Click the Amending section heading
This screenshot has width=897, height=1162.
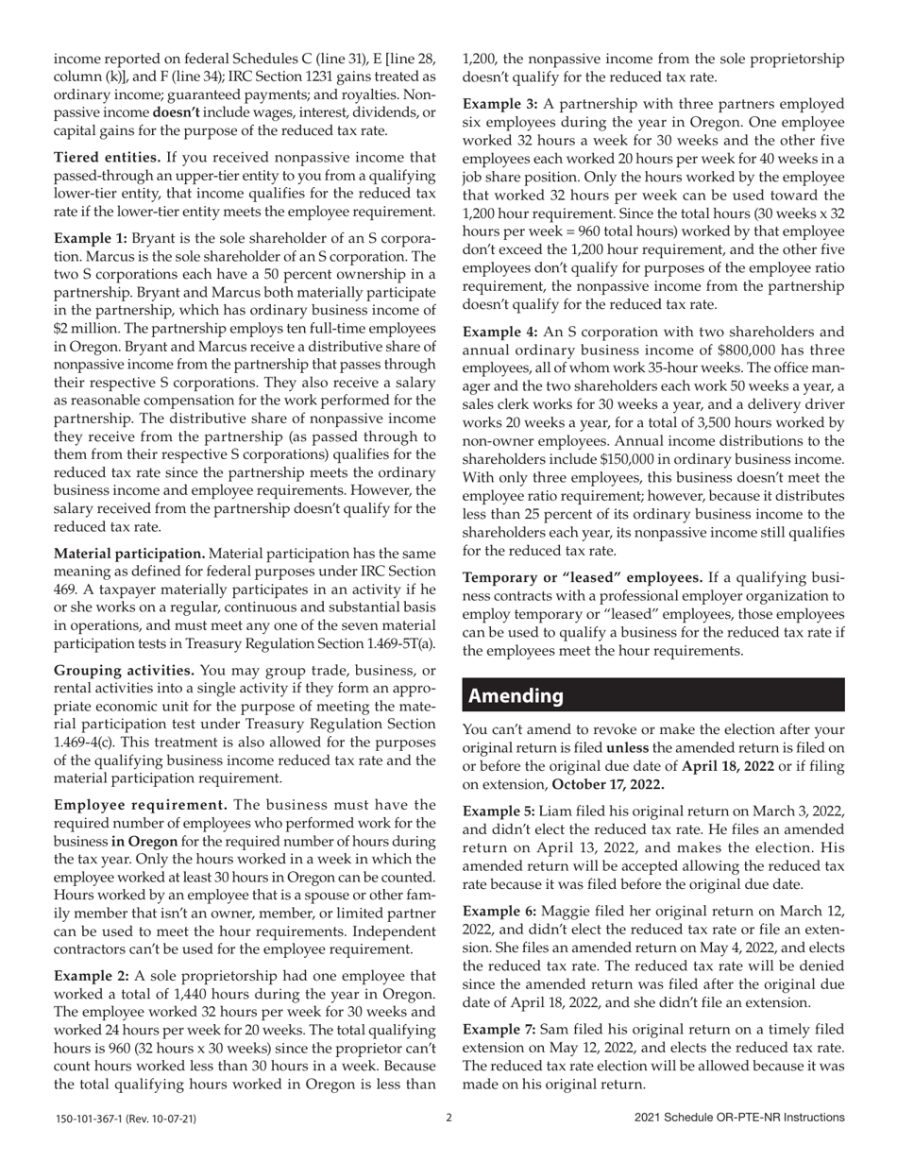(x=516, y=695)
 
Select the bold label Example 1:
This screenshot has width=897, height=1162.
(x=91, y=238)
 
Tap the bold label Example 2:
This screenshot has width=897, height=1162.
(x=92, y=975)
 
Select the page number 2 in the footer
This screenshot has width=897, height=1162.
(x=448, y=1118)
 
